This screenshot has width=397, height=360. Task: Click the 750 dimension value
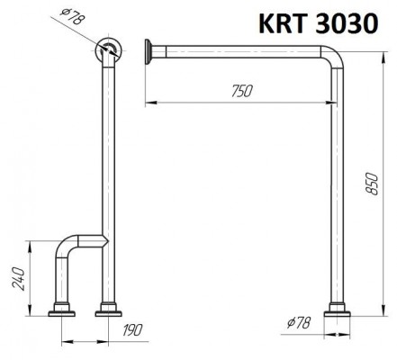(x=242, y=91)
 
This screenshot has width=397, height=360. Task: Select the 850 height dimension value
(x=373, y=184)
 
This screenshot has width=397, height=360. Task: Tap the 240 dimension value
(x=18, y=278)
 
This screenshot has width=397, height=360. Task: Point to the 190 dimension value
(x=132, y=329)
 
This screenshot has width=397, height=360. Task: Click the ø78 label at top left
(x=73, y=16)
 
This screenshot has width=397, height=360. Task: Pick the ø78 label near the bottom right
(x=298, y=322)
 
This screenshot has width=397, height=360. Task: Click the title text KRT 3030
(x=318, y=23)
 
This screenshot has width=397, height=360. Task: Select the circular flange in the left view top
(x=108, y=50)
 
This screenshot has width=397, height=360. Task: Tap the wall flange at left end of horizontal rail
(x=149, y=51)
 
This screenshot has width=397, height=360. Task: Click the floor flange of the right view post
(x=337, y=310)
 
